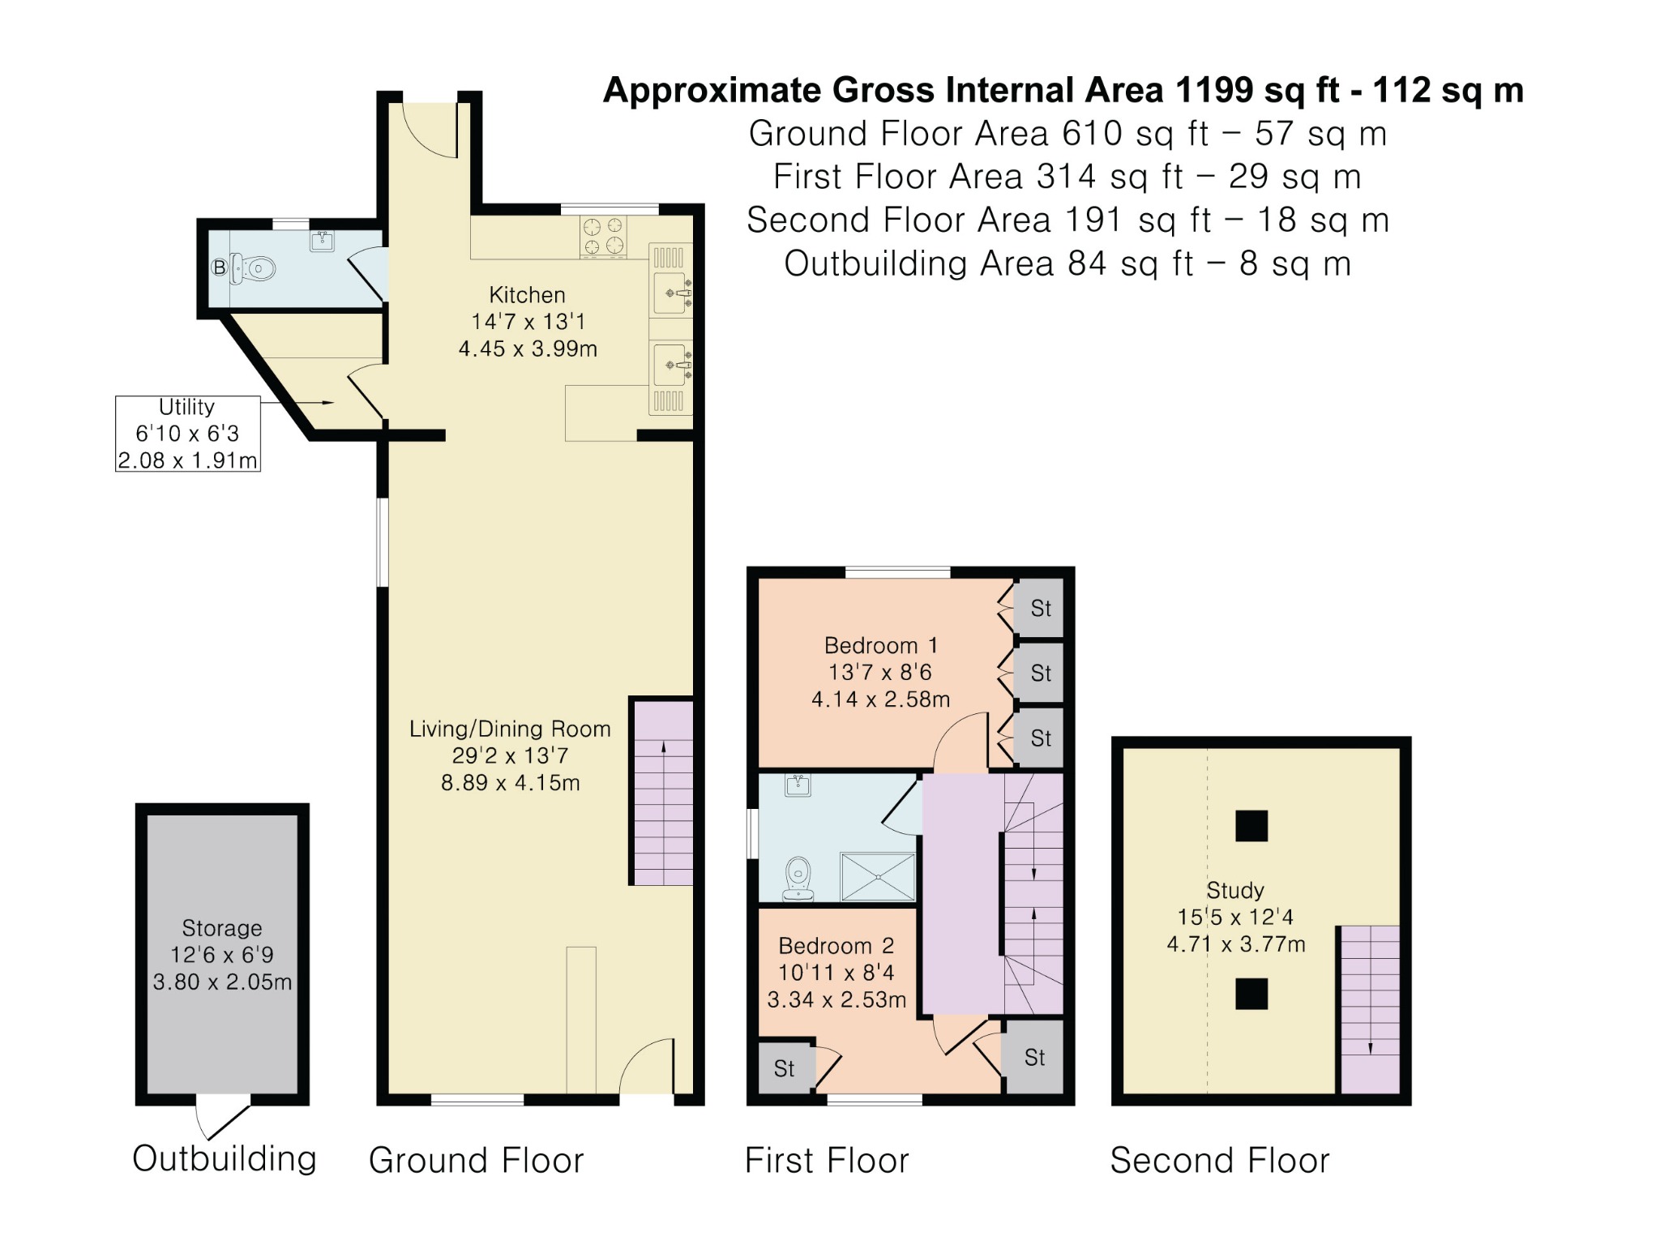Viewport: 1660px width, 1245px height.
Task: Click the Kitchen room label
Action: (x=527, y=295)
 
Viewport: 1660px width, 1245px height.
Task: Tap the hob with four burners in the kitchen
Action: (x=603, y=236)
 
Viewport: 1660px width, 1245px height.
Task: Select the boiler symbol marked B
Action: (x=219, y=267)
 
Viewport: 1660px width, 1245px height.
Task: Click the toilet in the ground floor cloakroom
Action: (x=255, y=268)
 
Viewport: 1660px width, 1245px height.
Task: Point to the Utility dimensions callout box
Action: (x=187, y=434)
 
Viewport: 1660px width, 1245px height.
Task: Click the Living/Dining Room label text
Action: (x=510, y=729)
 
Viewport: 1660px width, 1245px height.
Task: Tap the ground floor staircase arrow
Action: (x=664, y=778)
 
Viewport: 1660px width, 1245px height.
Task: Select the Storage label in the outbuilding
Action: (x=221, y=928)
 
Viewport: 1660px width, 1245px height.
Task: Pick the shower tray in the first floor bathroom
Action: (x=878, y=876)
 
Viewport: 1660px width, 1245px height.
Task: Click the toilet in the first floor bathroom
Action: (x=798, y=879)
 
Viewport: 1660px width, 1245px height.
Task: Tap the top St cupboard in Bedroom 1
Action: (x=1040, y=608)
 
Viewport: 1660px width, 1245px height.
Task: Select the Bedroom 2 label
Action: (x=836, y=946)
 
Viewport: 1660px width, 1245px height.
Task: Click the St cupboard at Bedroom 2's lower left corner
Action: (x=784, y=1068)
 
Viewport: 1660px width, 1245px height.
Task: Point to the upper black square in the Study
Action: (x=1251, y=826)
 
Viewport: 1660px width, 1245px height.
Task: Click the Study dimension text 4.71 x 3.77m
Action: (x=1235, y=944)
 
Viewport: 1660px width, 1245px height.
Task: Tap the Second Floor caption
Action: (x=1219, y=1161)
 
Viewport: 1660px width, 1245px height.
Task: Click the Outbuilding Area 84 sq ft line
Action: (x=1067, y=264)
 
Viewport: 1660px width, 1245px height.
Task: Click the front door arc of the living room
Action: (x=644, y=1066)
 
